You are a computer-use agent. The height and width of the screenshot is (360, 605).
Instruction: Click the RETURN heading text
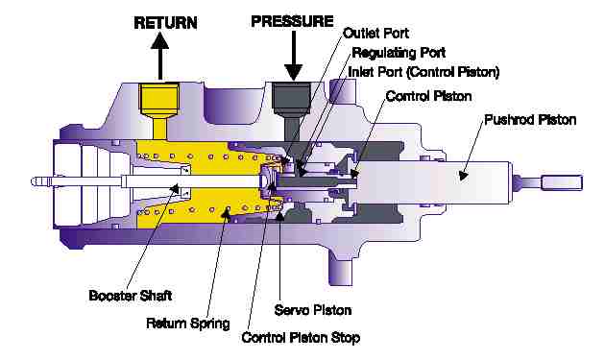pyautogui.click(x=165, y=23)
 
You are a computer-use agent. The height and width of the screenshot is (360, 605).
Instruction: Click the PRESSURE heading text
pyautogui.click(x=292, y=21)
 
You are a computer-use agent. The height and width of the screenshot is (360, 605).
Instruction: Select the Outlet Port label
pyautogui.click(x=375, y=34)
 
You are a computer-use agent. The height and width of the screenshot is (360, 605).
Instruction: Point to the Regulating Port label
pyautogui.click(x=399, y=53)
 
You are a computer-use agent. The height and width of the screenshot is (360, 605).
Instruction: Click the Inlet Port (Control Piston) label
pyautogui.click(x=423, y=72)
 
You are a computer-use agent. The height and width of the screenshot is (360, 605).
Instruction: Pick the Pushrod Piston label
pyautogui.click(x=530, y=120)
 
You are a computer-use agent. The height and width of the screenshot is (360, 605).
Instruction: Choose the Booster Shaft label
pyautogui.click(x=131, y=296)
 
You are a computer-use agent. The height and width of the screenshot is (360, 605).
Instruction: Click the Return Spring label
pyautogui.click(x=188, y=324)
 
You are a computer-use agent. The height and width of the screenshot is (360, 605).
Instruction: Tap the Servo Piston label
pyautogui.click(x=313, y=310)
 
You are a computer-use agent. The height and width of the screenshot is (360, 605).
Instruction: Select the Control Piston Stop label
pyautogui.click(x=301, y=338)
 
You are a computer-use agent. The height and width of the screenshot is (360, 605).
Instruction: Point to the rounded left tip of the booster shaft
pyautogui.click(x=34, y=181)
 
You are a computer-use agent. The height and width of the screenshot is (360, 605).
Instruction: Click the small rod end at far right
pyautogui.click(x=562, y=182)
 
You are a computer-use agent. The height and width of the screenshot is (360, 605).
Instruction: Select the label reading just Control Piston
pyautogui.click(x=428, y=96)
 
